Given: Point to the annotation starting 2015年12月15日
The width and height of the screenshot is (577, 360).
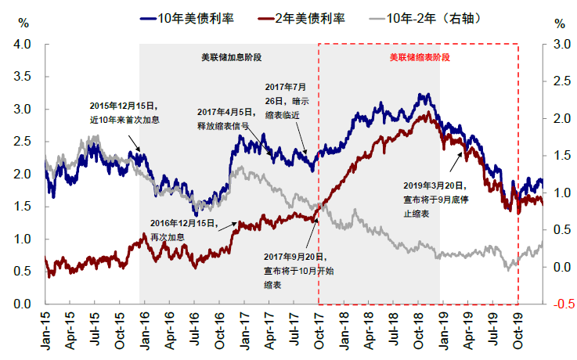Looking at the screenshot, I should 124,110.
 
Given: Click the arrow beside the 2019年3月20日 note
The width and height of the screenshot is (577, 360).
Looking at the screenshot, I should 456,161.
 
